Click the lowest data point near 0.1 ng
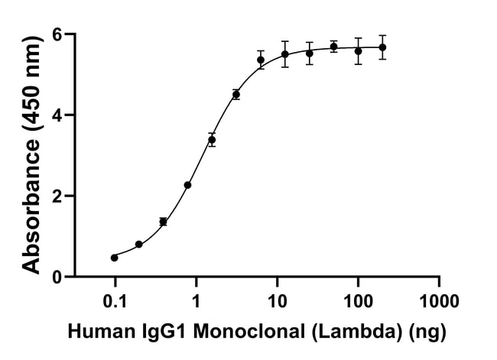(114, 258)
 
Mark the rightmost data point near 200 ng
(382, 47)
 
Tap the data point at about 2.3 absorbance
(187, 185)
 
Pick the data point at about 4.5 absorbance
(236, 95)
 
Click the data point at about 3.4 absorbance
(212, 140)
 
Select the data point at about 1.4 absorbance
(163, 222)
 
